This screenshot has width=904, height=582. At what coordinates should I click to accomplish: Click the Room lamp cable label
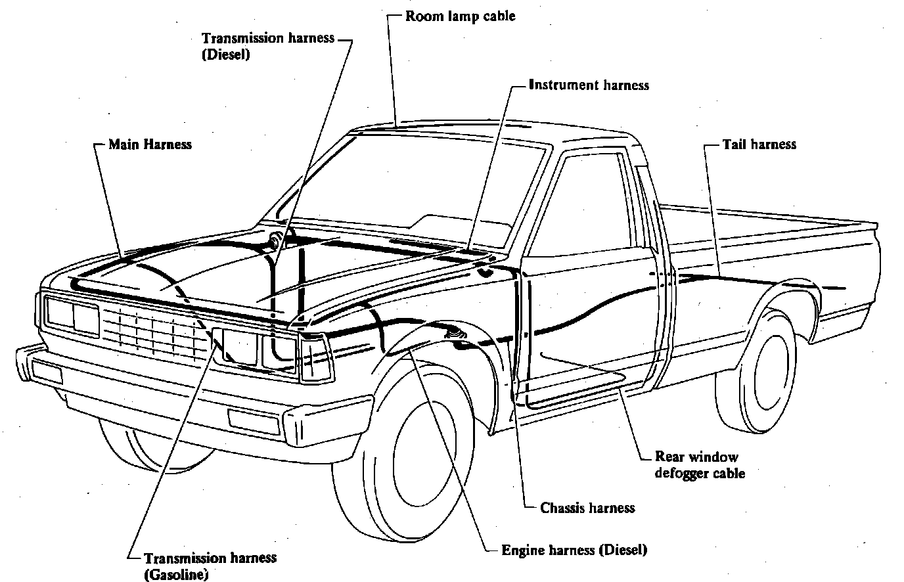460,16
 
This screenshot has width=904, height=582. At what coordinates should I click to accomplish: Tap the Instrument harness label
589,85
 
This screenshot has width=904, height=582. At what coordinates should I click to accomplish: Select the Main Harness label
150,143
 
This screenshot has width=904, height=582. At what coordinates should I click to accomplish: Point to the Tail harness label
759,144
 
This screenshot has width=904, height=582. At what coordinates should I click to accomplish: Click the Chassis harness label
587,507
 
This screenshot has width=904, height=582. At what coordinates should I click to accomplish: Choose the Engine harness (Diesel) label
574,550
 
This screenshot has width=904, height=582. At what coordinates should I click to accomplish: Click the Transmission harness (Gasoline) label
210,566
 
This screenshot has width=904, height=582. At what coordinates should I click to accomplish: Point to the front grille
154,332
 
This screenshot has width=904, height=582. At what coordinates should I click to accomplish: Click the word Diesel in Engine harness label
623,550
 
